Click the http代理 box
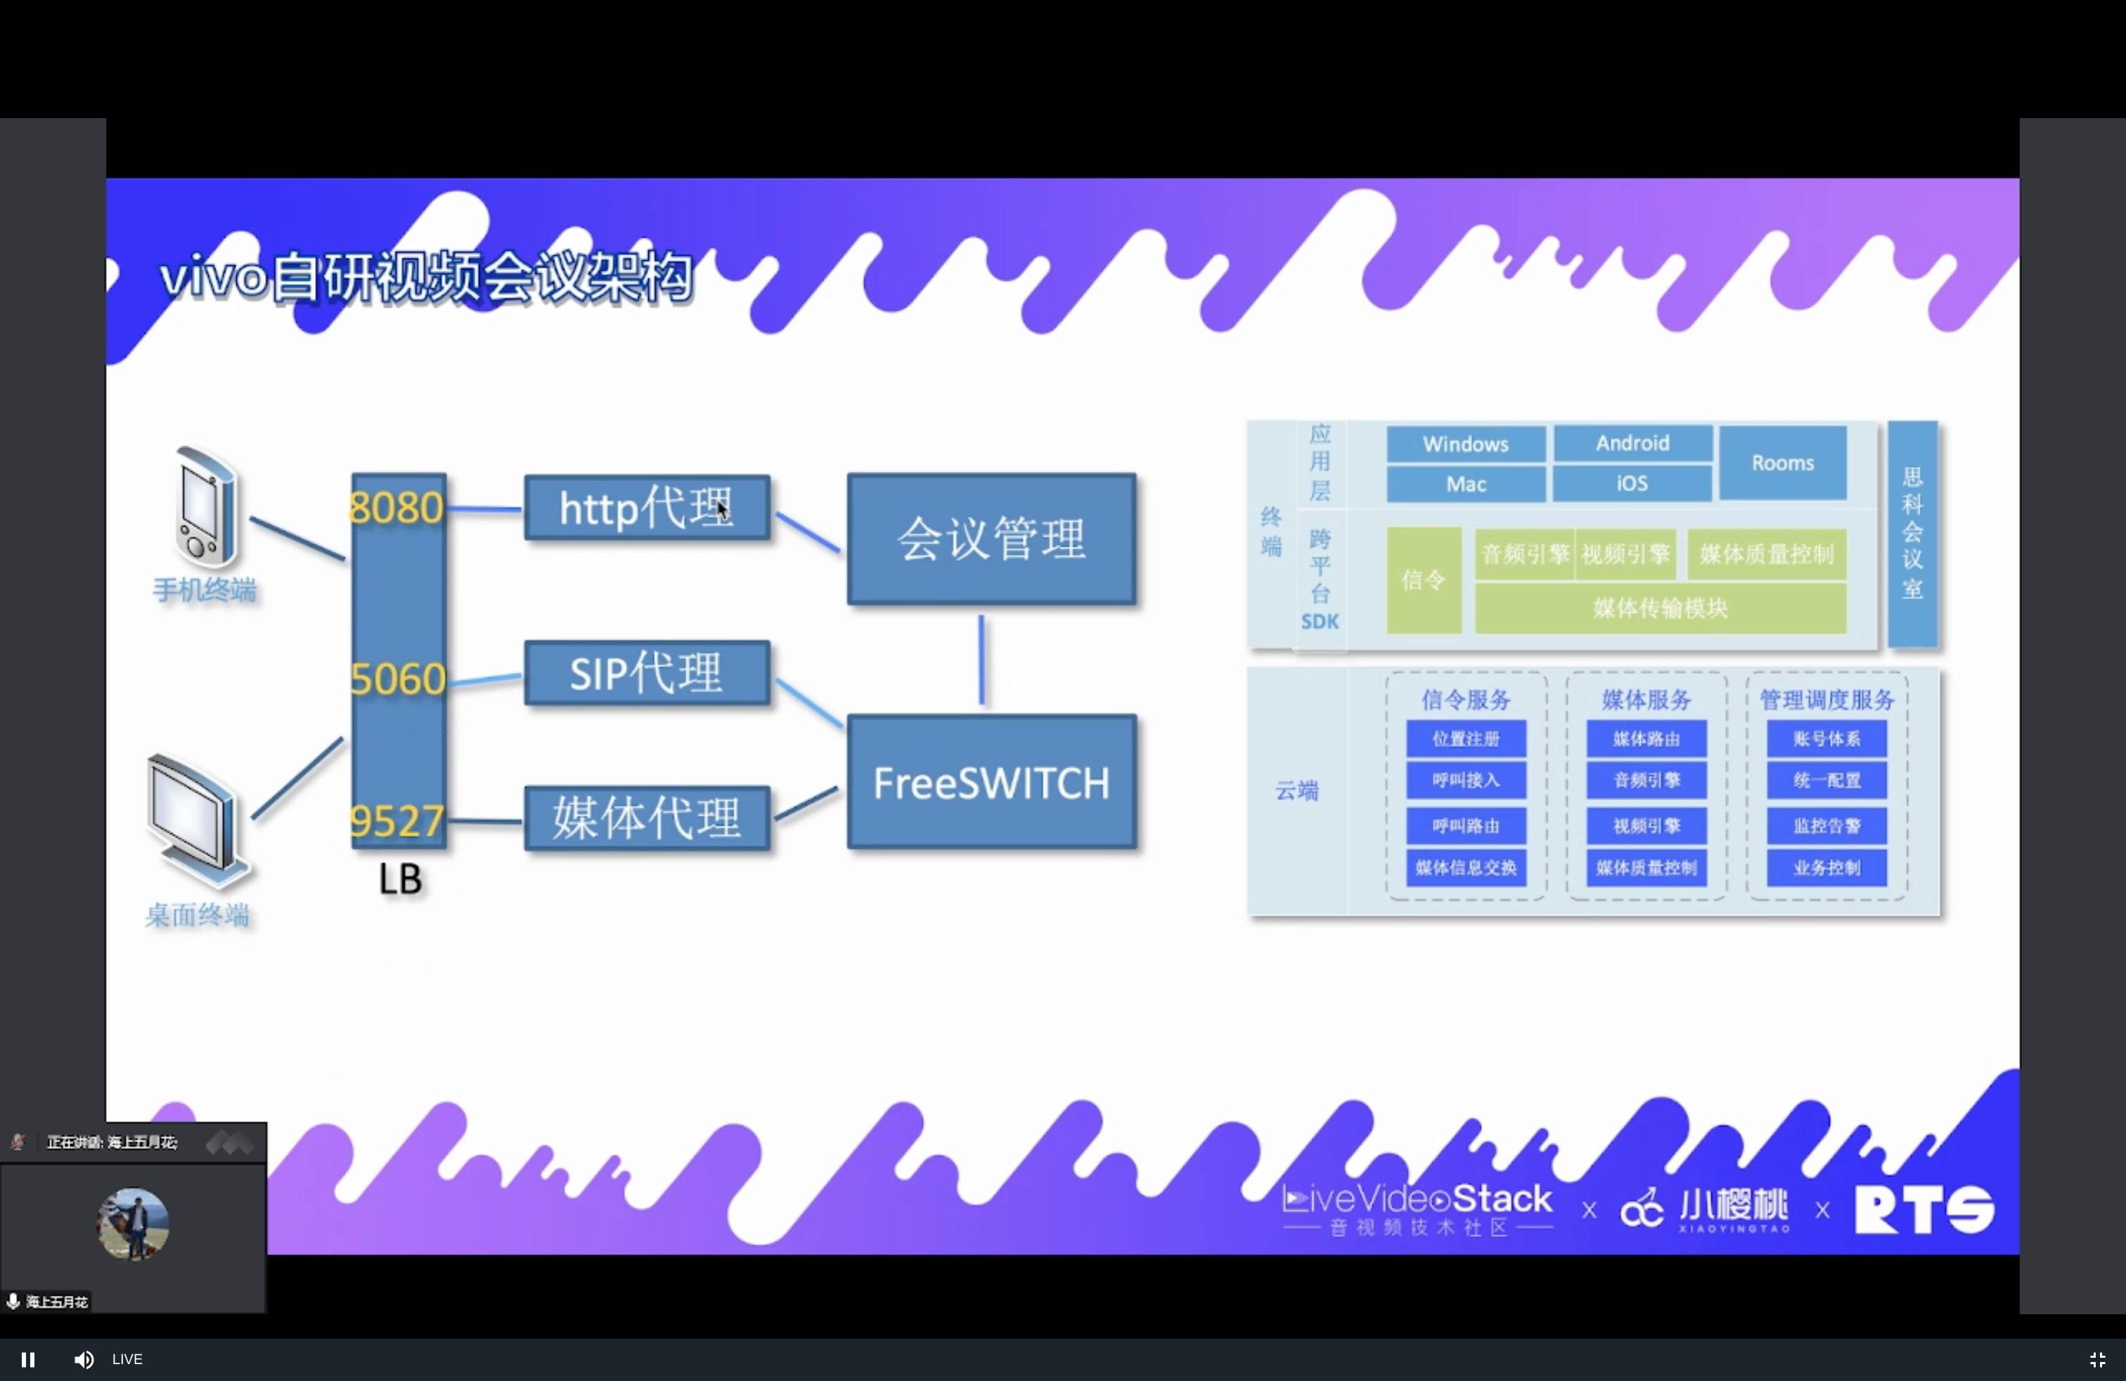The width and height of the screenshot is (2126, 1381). [x=647, y=508]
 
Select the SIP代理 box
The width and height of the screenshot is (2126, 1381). [x=647, y=673]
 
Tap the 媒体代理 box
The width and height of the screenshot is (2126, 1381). [x=647, y=817]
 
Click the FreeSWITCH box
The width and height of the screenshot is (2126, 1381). [x=991, y=782]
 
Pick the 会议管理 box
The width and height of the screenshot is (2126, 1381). [x=991, y=539]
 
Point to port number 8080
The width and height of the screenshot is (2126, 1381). [x=396, y=508]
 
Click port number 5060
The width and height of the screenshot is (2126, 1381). [x=397, y=679]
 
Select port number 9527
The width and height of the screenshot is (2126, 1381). [x=397, y=821]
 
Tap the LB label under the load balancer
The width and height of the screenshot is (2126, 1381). [x=399, y=879]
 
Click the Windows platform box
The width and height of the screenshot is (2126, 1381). [x=1465, y=444]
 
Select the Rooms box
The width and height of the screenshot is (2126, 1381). [x=1782, y=463]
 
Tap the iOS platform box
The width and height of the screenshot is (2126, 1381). [x=1631, y=483]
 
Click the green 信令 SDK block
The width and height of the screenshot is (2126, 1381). [x=1423, y=579]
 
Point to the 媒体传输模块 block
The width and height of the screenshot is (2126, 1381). [x=1660, y=608]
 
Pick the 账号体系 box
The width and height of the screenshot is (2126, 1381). [x=1826, y=739]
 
